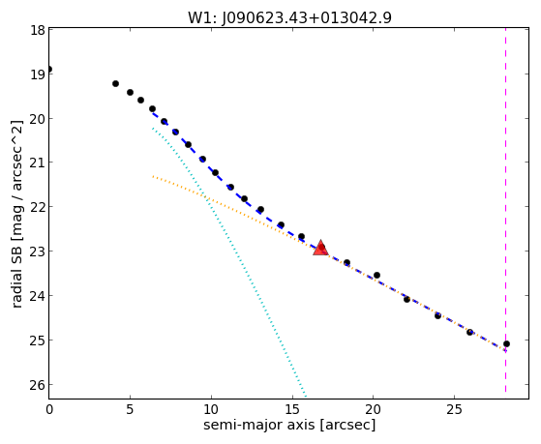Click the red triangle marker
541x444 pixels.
pyautogui.click(x=320, y=248)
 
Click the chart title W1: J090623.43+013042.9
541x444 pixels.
pyautogui.click(x=289, y=18)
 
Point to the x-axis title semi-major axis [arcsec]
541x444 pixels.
pyautogui.click(x=289, y=425)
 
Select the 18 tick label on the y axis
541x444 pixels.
pyautogui.click(x=38, y=30)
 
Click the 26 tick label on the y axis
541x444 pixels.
pyautogui.click(x=38, y=385)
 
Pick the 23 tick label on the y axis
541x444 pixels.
pyautogui.click(x=38, y=252)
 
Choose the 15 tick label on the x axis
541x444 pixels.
pyautogui.click(x=292, y=409)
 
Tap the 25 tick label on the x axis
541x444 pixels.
pyautogui.click(x=454, y=409)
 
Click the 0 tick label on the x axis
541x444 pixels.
pyautogui.click(x=49, y=409)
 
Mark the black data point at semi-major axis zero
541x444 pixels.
pyautogui.click(x=49, y=70)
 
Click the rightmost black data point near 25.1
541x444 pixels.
pyautogui.click(x=506, y=344)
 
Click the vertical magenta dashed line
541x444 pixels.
pyautogui.click(x=506, y=210)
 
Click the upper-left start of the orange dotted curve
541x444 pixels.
pyautogui.click(x=153, y=177)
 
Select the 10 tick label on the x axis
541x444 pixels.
pyautogui.click(x=211, y=409)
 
